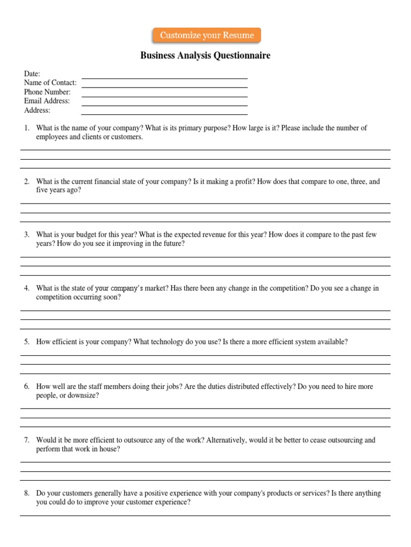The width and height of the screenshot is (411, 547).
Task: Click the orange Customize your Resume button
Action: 207,35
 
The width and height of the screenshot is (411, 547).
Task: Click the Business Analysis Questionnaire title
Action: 205,56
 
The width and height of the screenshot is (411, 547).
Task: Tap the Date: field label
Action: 32,74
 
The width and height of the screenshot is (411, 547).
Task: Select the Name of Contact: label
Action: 50,83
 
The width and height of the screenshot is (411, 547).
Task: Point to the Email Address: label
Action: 47,101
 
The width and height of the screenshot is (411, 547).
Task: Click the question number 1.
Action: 26,128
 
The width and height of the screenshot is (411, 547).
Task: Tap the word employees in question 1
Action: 51,137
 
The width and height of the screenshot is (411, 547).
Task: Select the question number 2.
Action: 26,182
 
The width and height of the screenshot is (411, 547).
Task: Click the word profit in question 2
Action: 244,182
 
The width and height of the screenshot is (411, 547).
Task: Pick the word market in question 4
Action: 156,288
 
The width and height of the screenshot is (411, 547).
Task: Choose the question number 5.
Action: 26,342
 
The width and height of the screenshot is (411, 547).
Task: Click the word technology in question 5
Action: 167,342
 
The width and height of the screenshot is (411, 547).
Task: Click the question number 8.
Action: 26,494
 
